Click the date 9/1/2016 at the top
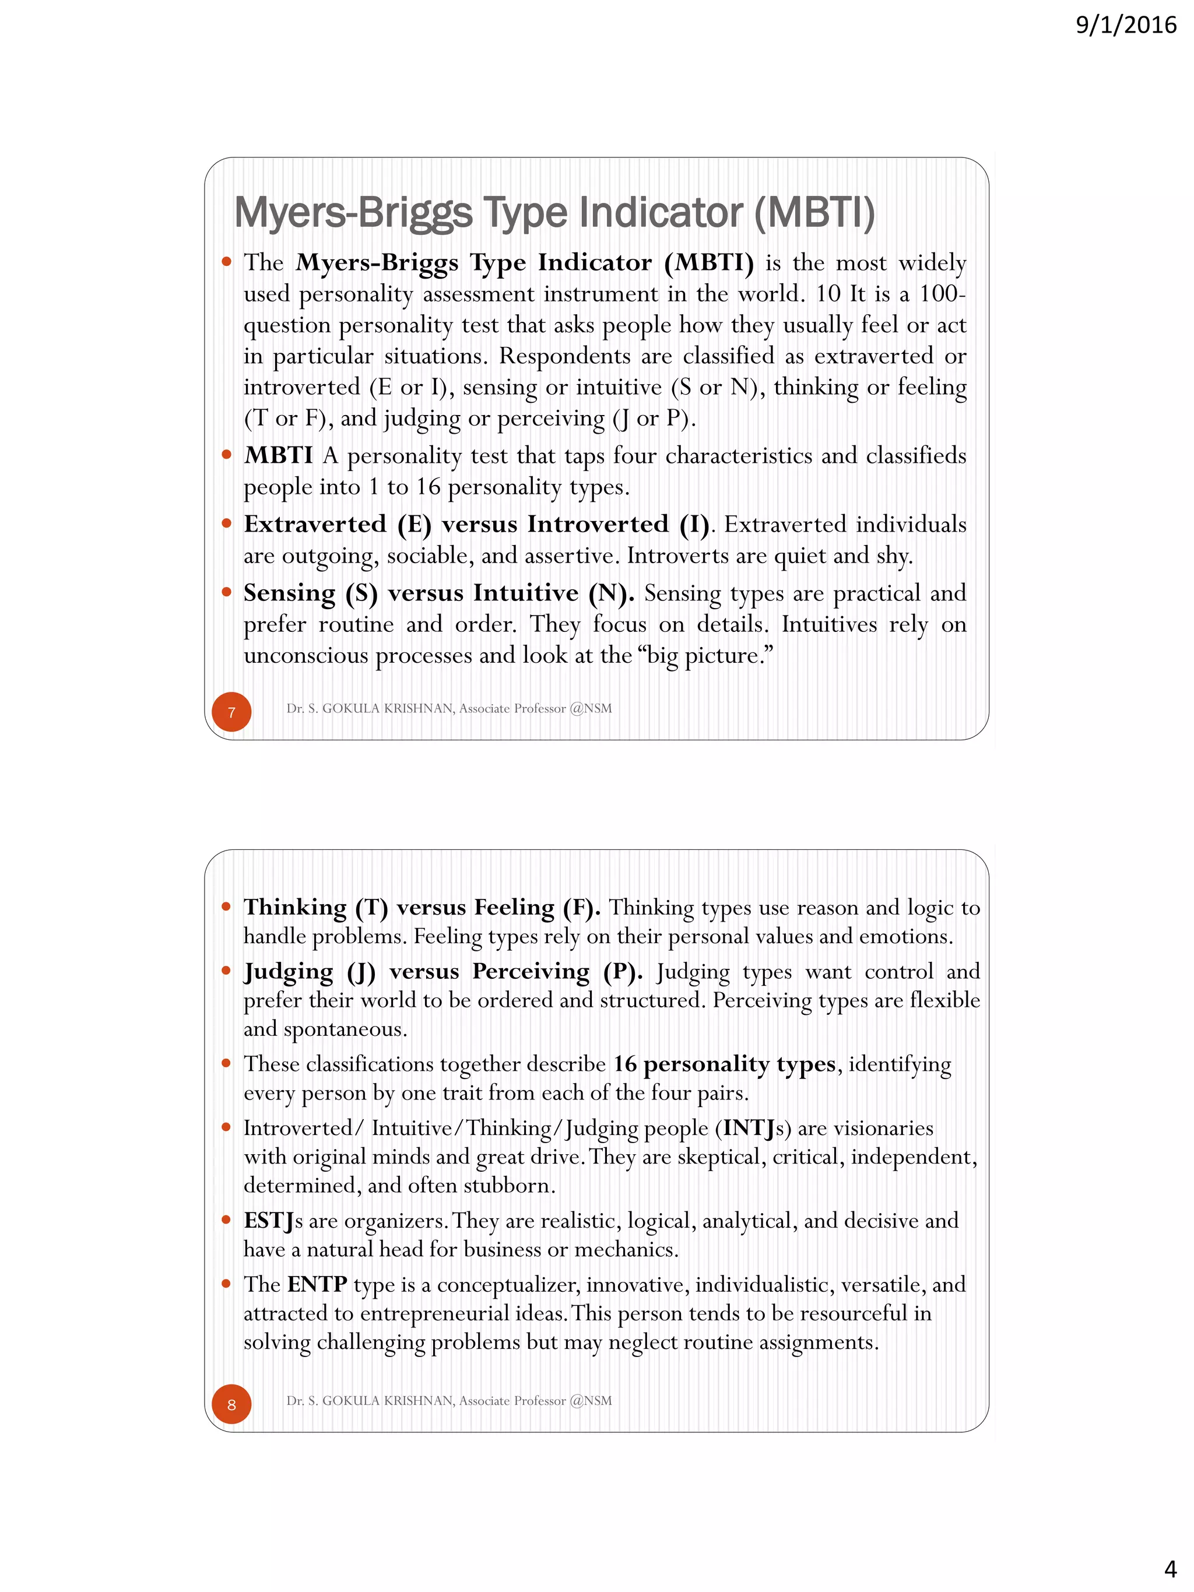tap(1126, 25)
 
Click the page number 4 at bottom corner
tap(1170, 1568)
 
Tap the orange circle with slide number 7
tap(231, 712)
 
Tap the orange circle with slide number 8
tap(231, 1404)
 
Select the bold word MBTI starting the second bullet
tap(278, 456)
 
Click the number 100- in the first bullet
tap(942, 294)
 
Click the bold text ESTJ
tap(268, 1221)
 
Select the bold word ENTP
tap(317, 1285)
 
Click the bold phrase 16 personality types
tap(724, 1064)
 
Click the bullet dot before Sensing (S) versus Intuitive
tap(227, 592)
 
